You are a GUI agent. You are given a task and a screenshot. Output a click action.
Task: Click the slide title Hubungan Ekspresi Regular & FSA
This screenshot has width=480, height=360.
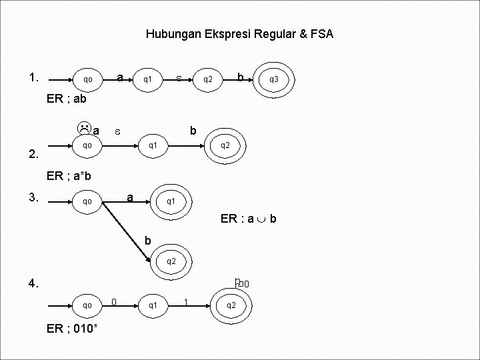(240, 33)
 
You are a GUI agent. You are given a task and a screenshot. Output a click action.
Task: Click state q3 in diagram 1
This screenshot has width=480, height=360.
(274, 79)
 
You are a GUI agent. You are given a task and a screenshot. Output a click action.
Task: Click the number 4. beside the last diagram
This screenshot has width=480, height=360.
(35, 283)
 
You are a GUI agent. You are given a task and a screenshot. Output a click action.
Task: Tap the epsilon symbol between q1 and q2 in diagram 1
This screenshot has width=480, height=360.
(179, 79)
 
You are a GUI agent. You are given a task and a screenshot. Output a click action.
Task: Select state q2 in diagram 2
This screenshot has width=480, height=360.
(225, 145)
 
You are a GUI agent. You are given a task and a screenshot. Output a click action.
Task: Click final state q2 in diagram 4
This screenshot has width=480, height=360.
(231, 305)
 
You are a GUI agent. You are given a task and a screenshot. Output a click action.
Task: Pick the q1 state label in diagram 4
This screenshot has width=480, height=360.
(153, 305)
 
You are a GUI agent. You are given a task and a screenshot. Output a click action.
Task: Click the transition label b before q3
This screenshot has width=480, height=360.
(240, 77)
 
